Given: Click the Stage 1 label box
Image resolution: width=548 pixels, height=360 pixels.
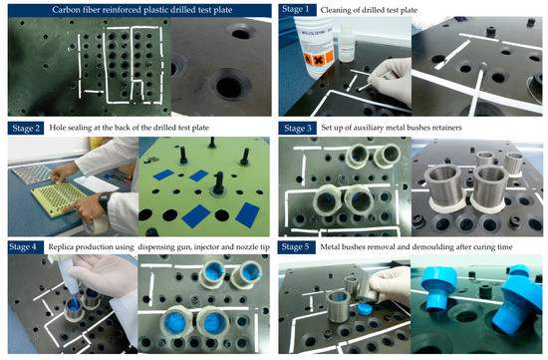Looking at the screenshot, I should [x=296, y=9].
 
